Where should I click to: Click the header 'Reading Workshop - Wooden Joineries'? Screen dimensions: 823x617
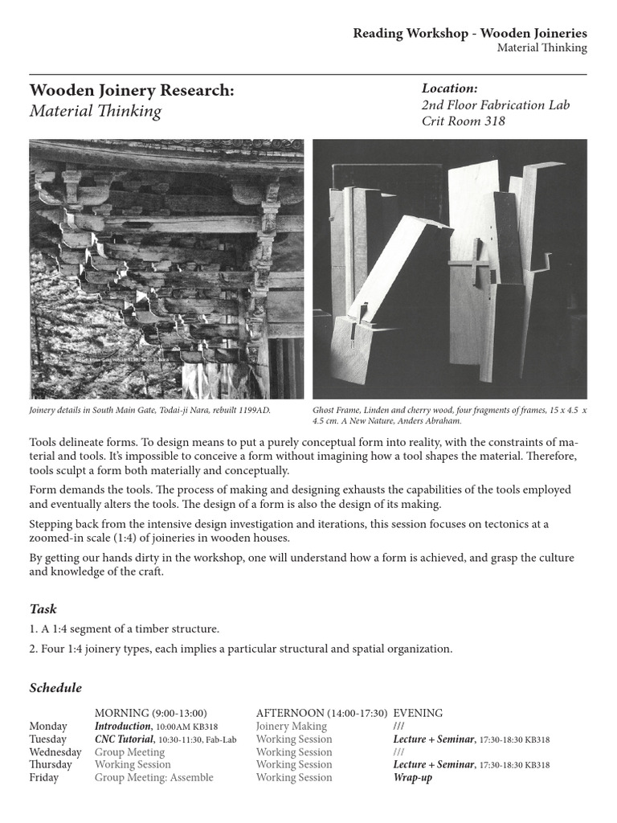coord(470,33)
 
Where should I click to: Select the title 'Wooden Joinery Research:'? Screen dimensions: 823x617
coord(132,91)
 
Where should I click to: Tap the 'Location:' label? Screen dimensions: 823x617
coord(450,88)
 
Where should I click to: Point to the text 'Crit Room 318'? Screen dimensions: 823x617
coord(463,122)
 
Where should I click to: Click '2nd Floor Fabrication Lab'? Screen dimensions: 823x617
coord(496,105)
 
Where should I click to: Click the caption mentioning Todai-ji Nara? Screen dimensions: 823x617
coord(150,410)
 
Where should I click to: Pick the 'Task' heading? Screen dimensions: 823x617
coord(43,609)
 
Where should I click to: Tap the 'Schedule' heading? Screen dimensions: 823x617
coord(55,688)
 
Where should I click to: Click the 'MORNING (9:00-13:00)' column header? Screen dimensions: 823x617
coord(151,713)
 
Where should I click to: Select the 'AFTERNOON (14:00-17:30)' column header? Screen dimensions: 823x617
coord(321,713)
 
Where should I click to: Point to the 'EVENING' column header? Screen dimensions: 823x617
coord(418,713)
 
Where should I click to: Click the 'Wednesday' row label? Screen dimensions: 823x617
coord(55,752)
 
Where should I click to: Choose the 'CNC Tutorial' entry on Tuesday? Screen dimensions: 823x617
coord(123,739)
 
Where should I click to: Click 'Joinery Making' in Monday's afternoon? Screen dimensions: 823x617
coord(291,727)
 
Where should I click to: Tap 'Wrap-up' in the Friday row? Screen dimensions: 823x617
coord(412,778)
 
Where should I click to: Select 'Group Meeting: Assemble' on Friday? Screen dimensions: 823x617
coord(154,778)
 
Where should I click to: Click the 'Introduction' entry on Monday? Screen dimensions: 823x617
coord(123,727)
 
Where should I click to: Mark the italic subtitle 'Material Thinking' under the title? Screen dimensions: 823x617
coord(96,111)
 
